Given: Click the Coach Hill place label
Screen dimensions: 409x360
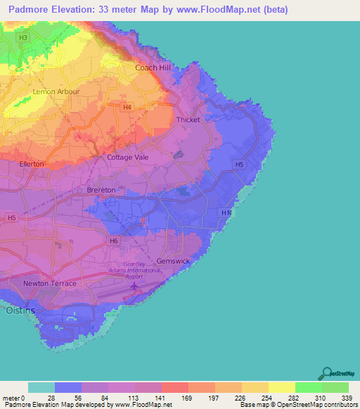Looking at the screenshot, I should click(153, 67).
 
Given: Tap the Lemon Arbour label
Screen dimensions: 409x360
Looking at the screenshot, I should click(52, 91).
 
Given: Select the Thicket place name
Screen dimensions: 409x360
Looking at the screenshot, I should click(188, 119).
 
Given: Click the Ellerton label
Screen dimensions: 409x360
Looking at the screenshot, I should click(32, 164).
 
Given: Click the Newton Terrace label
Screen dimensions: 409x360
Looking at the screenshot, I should click(49, 283).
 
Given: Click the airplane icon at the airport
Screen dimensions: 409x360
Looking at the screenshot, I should click(133, 286).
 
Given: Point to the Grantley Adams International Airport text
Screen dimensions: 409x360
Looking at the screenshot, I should click(126, 271).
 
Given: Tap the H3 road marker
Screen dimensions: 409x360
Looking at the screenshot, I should click(24, 37).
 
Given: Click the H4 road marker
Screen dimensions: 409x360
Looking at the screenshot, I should click(127, 108).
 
